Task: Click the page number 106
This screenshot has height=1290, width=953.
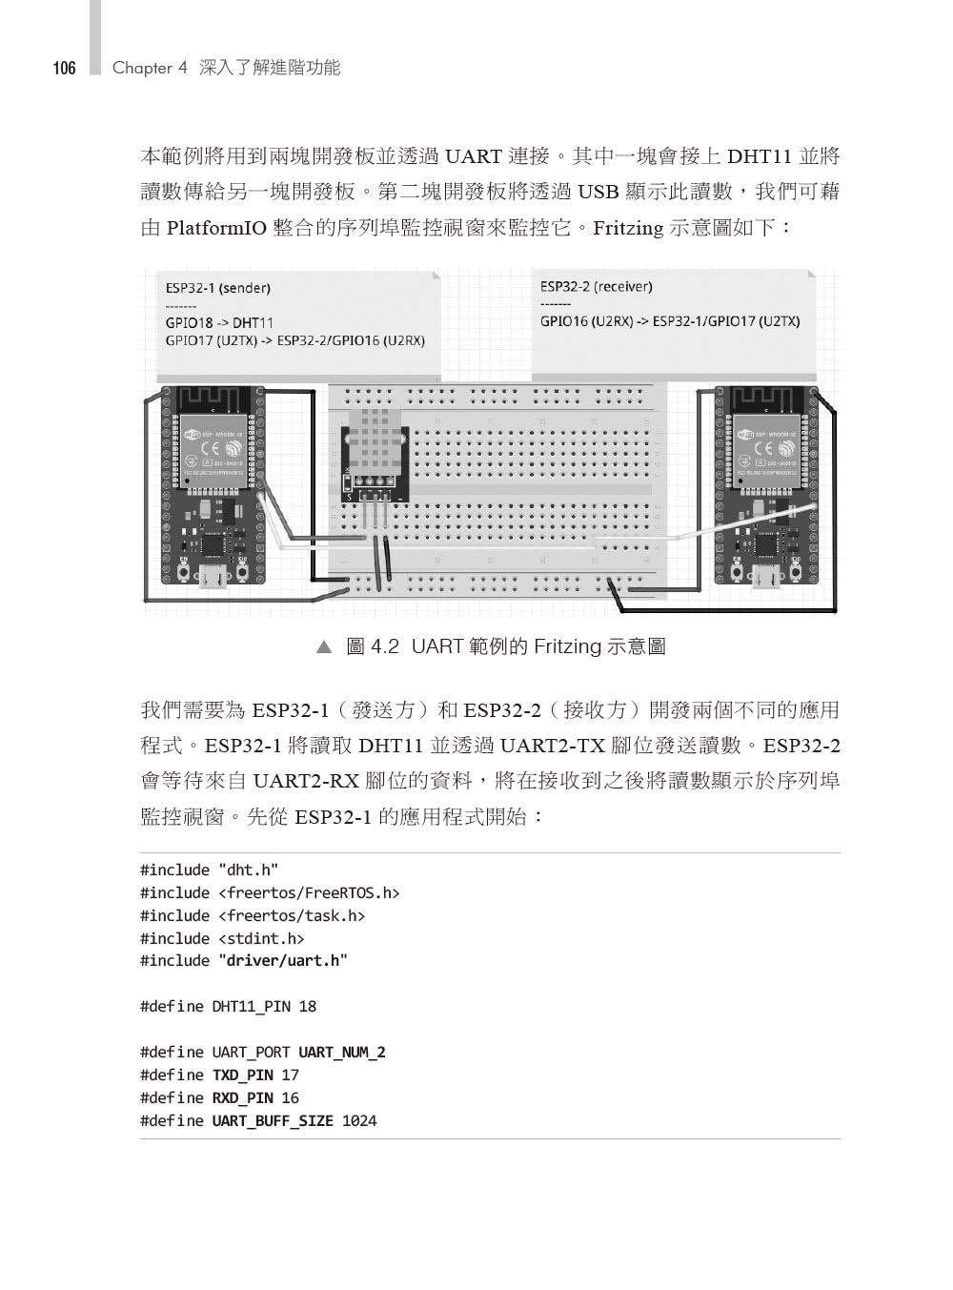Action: tap(64, 68)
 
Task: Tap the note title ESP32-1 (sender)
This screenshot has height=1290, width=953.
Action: tap(217, 288)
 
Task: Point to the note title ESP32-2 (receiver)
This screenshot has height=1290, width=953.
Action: tap(596, 286)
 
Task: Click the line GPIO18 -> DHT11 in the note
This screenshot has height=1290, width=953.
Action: tap(218, 323)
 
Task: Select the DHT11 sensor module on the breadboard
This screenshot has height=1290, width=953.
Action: tap(375, 459)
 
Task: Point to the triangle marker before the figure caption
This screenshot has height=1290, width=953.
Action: tap(323, 647)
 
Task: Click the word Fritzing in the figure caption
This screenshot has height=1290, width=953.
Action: tap(567, 646)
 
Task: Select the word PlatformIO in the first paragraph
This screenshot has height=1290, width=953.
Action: tap(215, 228)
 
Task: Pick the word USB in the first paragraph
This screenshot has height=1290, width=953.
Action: tap(598, 192)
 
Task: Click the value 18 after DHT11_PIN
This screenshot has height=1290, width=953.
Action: tap(307, 1006)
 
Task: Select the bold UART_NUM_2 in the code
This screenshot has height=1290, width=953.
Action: tap(341, 1052)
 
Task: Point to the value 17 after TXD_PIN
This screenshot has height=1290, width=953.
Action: tap(290, 1075)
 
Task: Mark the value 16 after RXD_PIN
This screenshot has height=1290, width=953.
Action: tap(290, 1097)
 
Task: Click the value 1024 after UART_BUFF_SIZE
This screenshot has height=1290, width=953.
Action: tap(359, 1120)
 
